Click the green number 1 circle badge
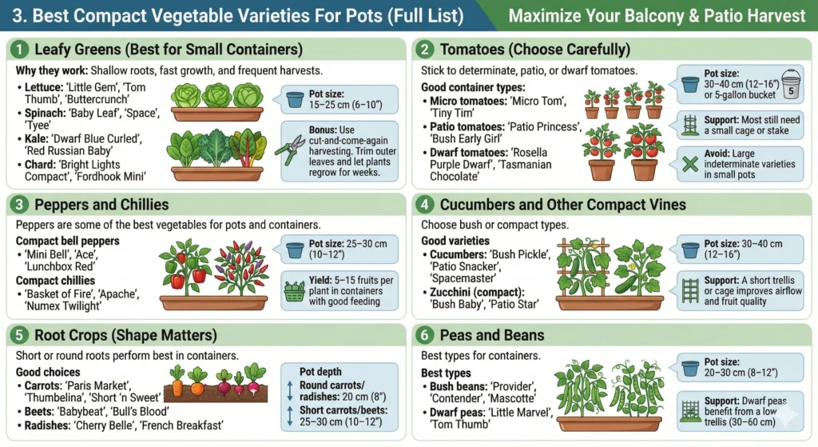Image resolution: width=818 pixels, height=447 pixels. coord(20,50)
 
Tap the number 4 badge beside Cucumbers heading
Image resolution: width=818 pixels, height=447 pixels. coord(427,205)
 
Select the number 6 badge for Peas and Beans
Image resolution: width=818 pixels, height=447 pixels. coord(427,335)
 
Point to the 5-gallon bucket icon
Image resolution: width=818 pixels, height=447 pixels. coord(791,86)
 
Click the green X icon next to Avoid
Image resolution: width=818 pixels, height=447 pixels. coord(692,164)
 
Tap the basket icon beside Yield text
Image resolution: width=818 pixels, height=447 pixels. coord(294,286)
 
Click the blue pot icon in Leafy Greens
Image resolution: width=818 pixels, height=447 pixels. coord(295,99)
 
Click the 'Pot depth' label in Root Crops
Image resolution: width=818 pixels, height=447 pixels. coord(320,371)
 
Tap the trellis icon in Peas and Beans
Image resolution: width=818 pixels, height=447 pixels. coord(691,410)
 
